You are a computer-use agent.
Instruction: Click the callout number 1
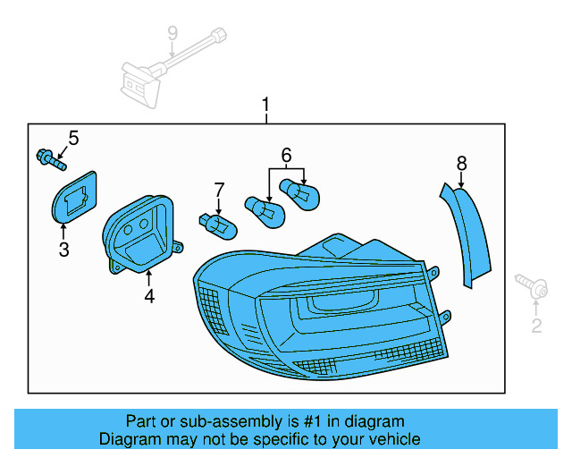pos(265,106)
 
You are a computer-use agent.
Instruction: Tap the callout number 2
pos(536,326)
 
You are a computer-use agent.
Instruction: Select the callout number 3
pos(63,250)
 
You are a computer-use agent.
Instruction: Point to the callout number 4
pos(149,296)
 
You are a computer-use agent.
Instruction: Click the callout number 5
pos(73,138)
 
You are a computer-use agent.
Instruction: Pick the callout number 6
pos(286,155)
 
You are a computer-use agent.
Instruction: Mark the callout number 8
pos(461,163)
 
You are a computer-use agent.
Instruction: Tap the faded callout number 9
pos(172,34)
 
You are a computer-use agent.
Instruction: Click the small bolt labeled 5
pos(50,161)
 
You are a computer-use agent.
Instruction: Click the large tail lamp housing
pos(313,313)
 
